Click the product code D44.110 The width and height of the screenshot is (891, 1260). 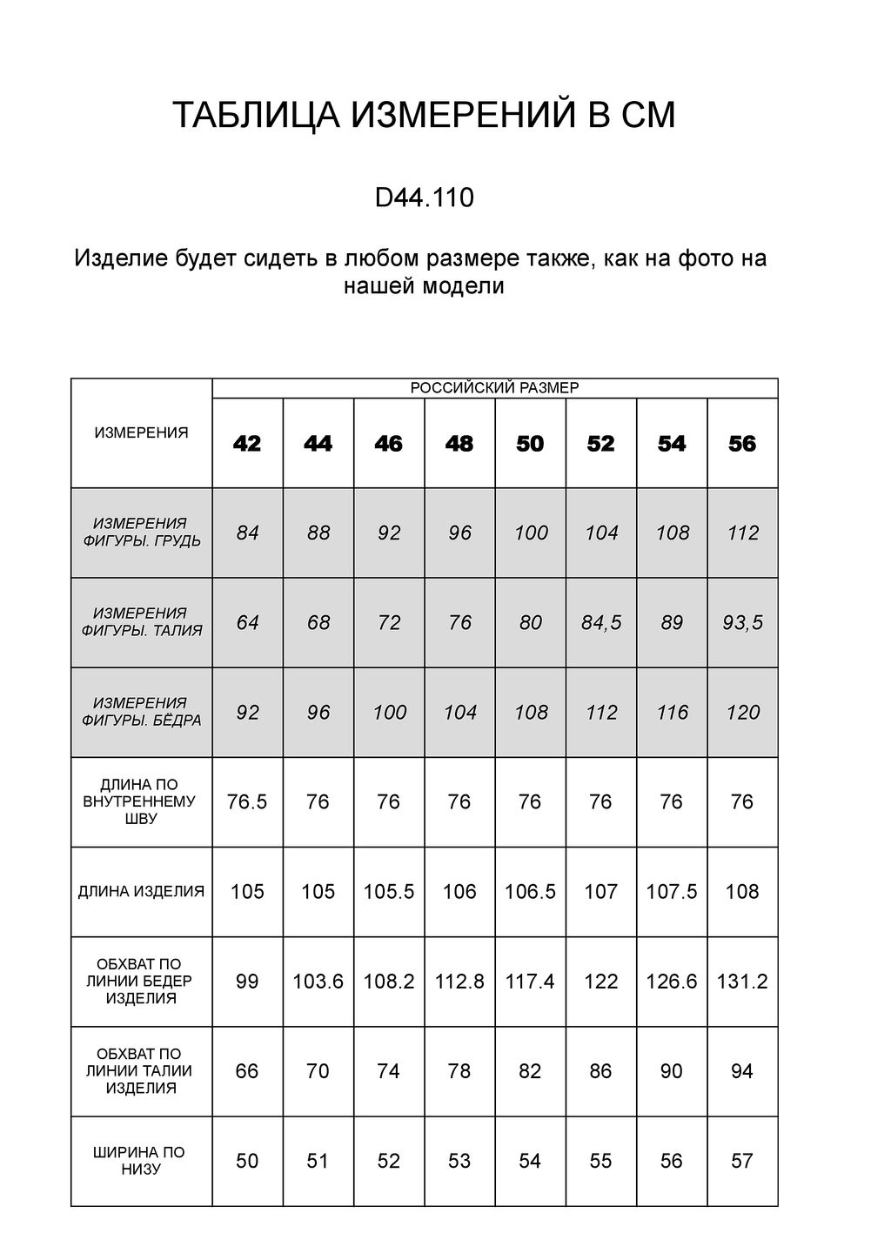click(x=424, y=198)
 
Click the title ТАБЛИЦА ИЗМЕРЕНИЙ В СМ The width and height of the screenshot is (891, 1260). click(x=424, y=116)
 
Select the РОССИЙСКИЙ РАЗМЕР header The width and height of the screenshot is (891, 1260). click(x=494, y=388)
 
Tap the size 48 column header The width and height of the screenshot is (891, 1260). click(x=459, y=444)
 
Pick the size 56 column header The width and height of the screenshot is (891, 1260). click(x=742, y=444)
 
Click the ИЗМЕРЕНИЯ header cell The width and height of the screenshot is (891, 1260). click(x=141, y=432)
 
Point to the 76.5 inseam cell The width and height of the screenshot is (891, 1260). click(x=247, y=801)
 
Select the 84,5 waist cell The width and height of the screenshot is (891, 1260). click(x=601, y=622)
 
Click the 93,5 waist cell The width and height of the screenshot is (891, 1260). click(x=742, y=622)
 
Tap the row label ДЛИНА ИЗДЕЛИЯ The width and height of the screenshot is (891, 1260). click(x=141, y=891)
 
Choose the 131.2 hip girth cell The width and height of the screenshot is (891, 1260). click(x=742, y=982)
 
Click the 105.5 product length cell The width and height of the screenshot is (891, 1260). click(x=389, y=891)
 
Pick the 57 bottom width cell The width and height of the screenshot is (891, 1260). click(x=742, y=1161)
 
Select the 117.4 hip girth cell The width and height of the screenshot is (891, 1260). click(x=530, y=982)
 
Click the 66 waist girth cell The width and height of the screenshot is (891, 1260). click(x=247, y=1071)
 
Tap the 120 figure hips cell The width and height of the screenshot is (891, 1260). click(x=742, y=713)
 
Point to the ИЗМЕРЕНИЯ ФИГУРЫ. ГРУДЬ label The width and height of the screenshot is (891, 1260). click(x=141, y=532)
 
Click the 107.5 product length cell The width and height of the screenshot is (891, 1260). click(x=672, y=891)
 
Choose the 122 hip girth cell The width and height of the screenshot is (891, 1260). click(x=601, y=982)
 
